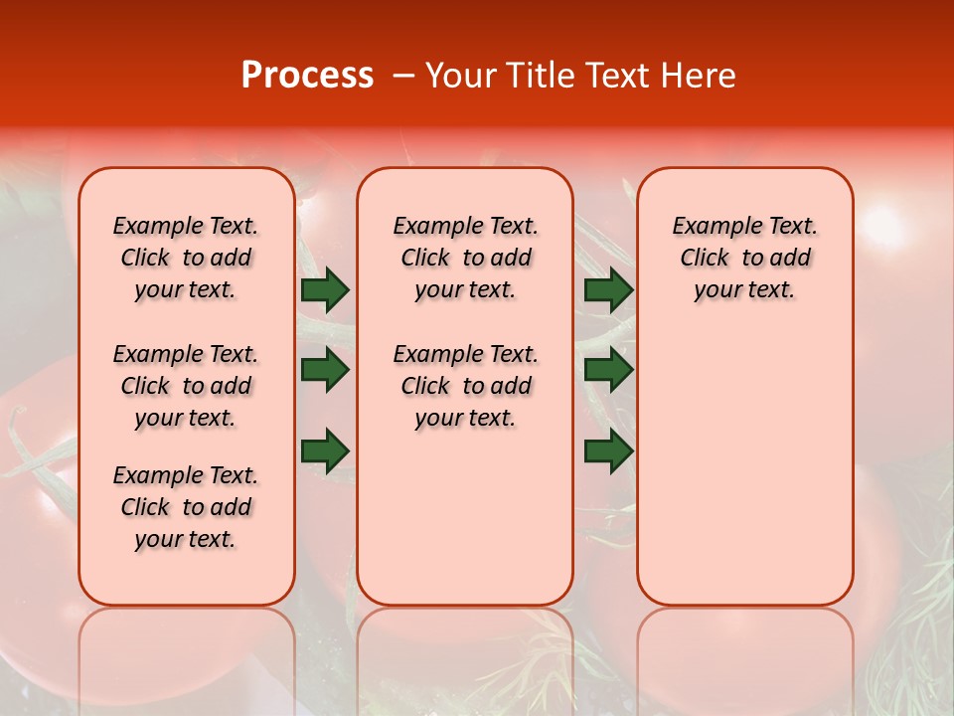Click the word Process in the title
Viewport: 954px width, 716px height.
click(x=307, y=76)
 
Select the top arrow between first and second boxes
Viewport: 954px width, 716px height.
click(x=325, y=289)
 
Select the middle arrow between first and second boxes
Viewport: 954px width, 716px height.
click(x=325, y=370)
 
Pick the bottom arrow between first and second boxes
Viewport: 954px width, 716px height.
click(x=325, y=451)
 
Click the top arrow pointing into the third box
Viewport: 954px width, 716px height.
click(x=608, y=289)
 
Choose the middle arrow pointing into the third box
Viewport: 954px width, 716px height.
click(x=608, y=370)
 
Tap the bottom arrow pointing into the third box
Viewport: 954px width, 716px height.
click(x=608, y=451)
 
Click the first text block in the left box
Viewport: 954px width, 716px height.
click(x=186, y=258)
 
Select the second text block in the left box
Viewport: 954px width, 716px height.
click(x=186, y=386)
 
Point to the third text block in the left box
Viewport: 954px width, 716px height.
click(x=186, y=507)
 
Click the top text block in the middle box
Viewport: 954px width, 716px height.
click(x=465, y=258)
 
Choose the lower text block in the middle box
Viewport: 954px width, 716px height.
click(x=465, y=386)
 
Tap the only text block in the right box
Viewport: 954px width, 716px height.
click(x=744, y=258)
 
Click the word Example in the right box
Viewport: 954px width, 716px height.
click(x=710, y=227)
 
